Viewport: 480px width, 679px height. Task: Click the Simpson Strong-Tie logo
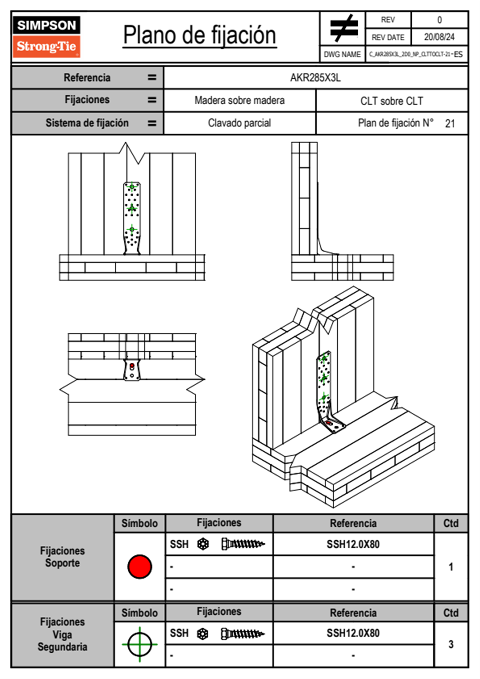click(x=46, y=37)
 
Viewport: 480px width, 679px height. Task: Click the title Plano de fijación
click(x=200, y=36)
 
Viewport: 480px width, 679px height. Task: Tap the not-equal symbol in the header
click(x=343, y=28)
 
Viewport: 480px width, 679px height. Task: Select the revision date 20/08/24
click(x=439, y=37)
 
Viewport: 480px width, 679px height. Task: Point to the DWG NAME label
click(x=342, y=54)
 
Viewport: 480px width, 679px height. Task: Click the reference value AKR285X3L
click(x=315, y=78)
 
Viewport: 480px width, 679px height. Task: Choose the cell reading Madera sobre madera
click(x=239, y=101)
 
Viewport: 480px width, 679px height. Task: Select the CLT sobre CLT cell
click(x=392, y=101)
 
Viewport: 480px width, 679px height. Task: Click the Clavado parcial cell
click(x=239, y=123)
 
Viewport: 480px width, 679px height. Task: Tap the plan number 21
click(x=450, y=124)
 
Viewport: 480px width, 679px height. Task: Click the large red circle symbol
click(x=140, y=566)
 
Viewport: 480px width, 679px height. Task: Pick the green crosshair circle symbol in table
click(x=140, y=644)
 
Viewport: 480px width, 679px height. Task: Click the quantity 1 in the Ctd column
click(x=451, y=567)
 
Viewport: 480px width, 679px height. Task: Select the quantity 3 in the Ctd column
click(x=451, y=644)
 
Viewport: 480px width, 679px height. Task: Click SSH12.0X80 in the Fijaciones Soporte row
click(x=353, y=544)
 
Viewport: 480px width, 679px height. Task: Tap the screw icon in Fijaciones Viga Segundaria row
click(x=243, y=634)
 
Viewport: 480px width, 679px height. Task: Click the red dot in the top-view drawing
click(x=132, y=366)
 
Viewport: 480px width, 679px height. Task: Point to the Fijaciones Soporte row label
click(x=63, y=557)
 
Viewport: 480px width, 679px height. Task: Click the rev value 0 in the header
click(x=439, y=20)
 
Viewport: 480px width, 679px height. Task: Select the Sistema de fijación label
click(x=87, y=123)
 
